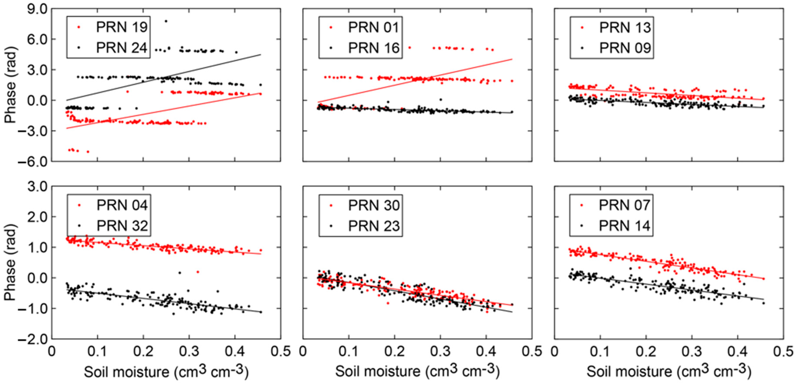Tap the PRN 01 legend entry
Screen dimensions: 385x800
pyautogui.click(x=373, y=27)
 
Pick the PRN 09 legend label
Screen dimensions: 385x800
pyautogui.click(x=625, y=48)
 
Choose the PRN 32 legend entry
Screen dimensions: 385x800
pyautogui.click(x=122, y=226)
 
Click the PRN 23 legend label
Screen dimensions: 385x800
pyautogui.click(x=374, y=226)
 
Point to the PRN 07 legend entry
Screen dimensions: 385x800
pyautogui.click(x=624, y=205)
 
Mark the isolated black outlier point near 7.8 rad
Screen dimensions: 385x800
pyautogui.click(x=166, y=21)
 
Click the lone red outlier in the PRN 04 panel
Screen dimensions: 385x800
pyautogui.click(x=198, y=272)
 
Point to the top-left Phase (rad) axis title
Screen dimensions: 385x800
pyautogui.click(x=10, y=85)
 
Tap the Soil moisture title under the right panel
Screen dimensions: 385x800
pyautogui.click(x=669, y=371)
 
